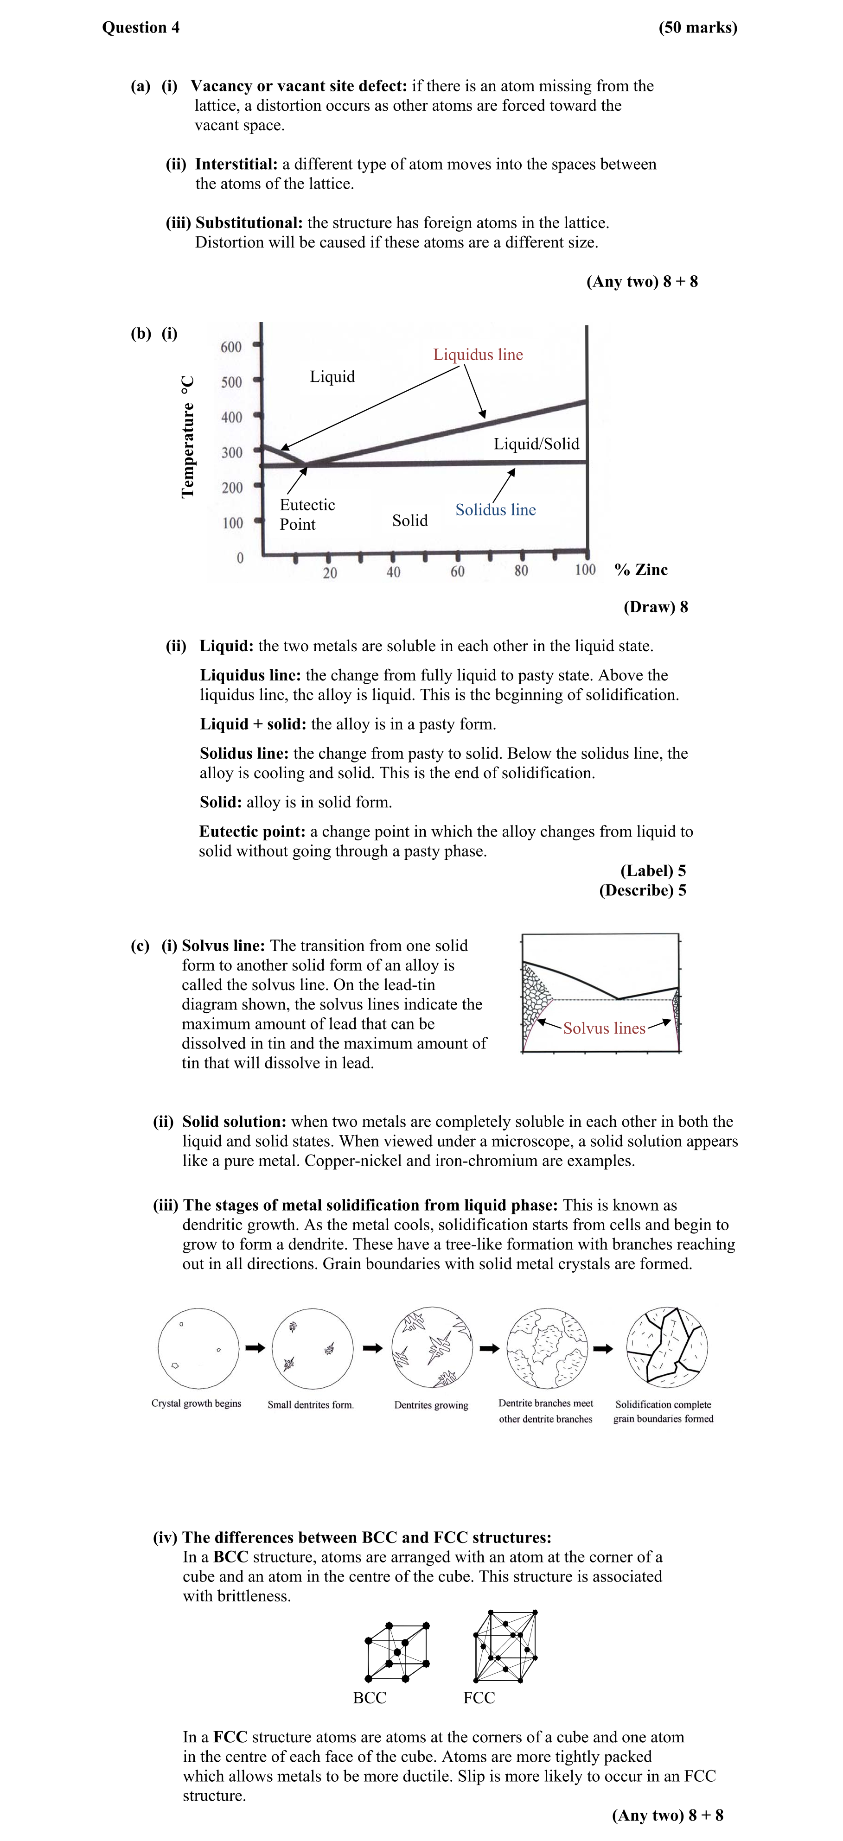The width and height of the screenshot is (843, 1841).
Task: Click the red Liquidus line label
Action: pos(478,355)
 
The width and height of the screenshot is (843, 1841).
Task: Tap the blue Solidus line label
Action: pos(496,509)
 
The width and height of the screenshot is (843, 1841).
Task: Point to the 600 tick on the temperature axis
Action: pos(231,347)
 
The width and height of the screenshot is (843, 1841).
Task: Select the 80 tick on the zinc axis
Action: pos(521,570)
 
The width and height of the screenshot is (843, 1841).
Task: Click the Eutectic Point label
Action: pos(307,514)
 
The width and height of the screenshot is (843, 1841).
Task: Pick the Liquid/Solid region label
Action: pos(536,444)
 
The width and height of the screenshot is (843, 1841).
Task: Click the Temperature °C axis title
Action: pos(187,436)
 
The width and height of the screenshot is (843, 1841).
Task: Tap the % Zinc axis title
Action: pos(641,570)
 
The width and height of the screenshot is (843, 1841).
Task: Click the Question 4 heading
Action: pos(141,27)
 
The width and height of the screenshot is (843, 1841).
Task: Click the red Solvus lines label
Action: pos(604,1028)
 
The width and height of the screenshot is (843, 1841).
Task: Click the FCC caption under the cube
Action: pos(479,1697)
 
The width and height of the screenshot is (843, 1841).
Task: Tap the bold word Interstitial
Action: pos(236,165)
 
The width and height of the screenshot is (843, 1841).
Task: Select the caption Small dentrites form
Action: pos(310,1404)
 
